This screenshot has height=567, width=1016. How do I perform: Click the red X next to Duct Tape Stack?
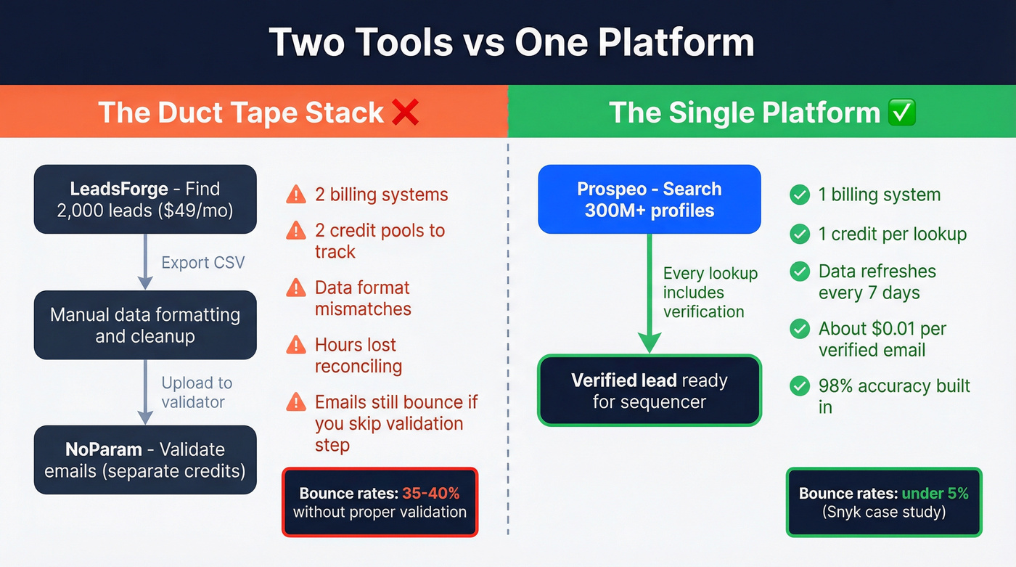(x=405, y=113)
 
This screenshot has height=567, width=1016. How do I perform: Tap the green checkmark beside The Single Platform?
(x=901, y=113)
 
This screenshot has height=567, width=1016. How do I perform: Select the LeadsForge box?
(x=145, y=200)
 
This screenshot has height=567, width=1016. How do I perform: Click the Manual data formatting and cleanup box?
(x=145, y=325)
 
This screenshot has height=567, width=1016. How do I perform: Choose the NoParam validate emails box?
(x=145, y=460)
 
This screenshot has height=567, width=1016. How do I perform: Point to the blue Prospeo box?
(x=649, y=200)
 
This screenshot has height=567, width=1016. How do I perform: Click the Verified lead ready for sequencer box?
(x=649, y=391)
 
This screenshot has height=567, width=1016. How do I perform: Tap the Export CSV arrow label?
(x=203, y=262)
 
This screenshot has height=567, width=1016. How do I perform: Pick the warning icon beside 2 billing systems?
(x=296, y=195)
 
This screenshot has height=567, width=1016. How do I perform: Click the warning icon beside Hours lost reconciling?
(x=296, y=345)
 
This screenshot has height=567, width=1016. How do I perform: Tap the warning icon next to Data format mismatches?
(x=296, y=288)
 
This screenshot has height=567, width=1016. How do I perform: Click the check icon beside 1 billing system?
(x=800, y=195)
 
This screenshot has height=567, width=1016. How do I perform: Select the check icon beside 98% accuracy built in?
(x=800, y=386)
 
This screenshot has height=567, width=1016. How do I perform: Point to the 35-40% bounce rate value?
(x=431, y=494)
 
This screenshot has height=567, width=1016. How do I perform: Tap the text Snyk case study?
(x=883, y=512)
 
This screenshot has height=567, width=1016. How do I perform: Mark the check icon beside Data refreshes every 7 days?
(x=800, y=272)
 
